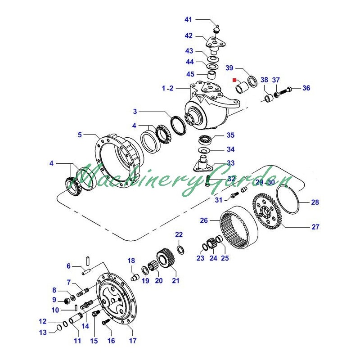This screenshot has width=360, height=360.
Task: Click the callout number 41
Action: [x=188, y=19]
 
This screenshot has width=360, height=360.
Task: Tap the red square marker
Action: [x=234, y=80]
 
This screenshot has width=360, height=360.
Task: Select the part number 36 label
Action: [x=306, y=88]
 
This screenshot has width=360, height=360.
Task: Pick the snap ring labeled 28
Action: [x=288, y=199]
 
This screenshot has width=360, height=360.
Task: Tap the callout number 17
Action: [x=132, y=341]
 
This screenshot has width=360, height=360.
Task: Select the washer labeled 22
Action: [x=181, y=250]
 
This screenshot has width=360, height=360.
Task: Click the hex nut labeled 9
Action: [x=67, y=301]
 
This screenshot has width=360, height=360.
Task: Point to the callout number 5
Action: [x=80, y=135]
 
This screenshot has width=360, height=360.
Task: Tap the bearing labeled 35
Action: [x=206, y=140]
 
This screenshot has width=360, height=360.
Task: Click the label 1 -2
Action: [x=167, y=88]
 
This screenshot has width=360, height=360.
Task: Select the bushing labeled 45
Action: [x=212, y=75]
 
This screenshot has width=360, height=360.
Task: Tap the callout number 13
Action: [x=43, y=332]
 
